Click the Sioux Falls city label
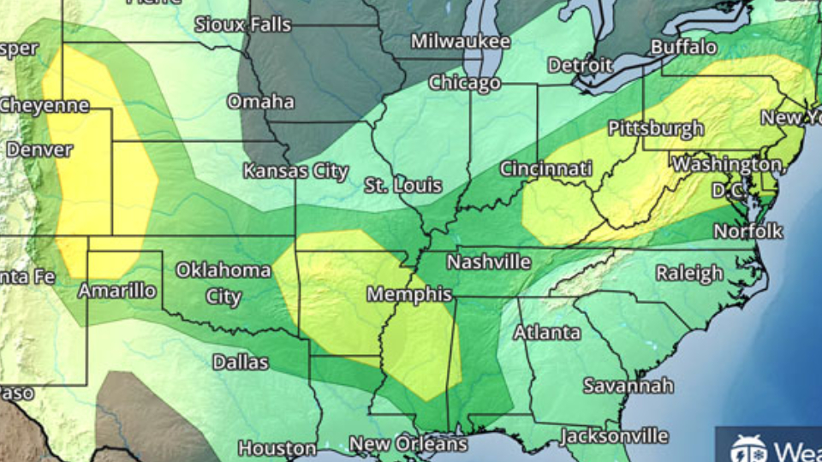(x=242, y=25)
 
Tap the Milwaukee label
(x=460, y=41)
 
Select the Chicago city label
(x=464, y=83)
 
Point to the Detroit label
(x=580, y=65)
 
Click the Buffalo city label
(x=683, y=47)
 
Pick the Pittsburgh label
(x=655, y=128)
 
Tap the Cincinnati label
(x=545, y=169)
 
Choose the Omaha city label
(x=260, y=102)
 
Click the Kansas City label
(x=295, y=171)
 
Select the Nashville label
(x=488, y=262)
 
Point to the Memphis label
(x=409, y=294)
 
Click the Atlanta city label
(x=547, y=333)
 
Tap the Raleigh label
(x=689, y=274)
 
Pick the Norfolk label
(x=748, y=231)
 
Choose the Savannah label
(x=628, y=386)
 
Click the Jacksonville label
(x=613, y=436)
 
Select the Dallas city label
(x=240, y=362)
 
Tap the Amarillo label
(x=117, y=291)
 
